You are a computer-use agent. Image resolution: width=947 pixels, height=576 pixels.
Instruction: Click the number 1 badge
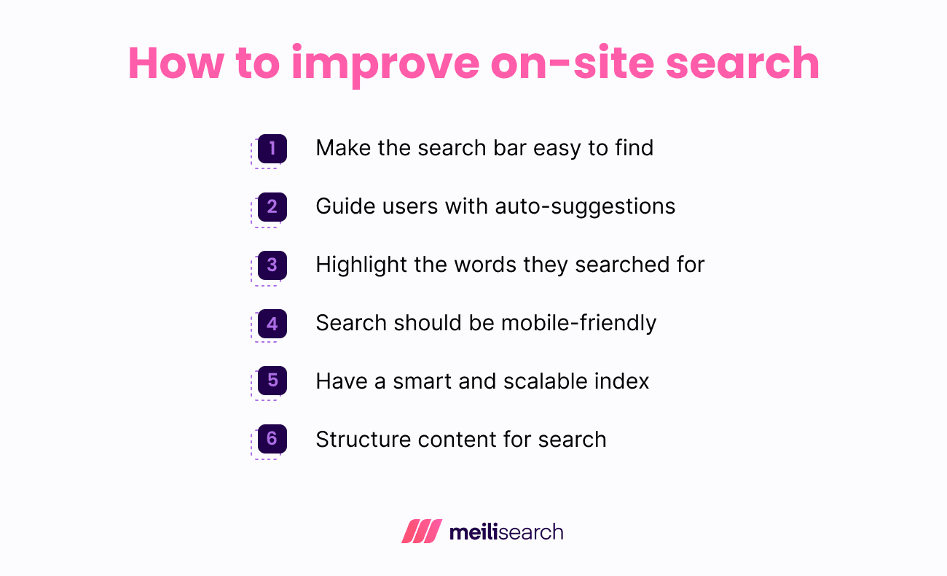(272, 149)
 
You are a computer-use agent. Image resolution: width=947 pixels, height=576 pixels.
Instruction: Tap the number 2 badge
(272, 207)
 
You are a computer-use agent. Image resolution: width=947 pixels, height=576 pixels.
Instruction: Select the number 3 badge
(272, 265)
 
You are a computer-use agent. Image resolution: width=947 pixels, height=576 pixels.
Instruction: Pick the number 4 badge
(272, 323)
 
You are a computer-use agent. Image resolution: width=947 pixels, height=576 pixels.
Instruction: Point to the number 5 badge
(272, 381)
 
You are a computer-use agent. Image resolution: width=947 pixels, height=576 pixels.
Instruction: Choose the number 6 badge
(272, 439)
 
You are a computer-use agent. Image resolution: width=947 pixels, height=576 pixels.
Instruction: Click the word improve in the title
(385, 63)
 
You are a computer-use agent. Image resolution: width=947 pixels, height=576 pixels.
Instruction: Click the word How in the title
(176, 63)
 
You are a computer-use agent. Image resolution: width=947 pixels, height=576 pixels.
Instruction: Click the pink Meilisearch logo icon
(422, 532)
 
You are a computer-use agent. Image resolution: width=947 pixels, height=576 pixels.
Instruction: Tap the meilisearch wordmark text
(506, 532)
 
